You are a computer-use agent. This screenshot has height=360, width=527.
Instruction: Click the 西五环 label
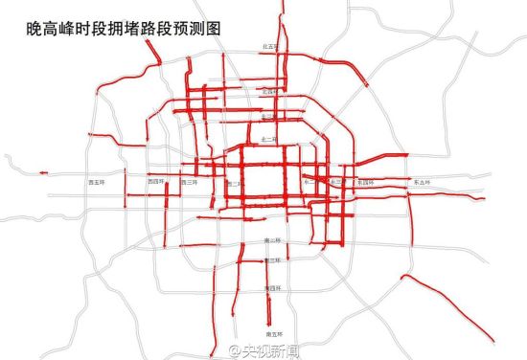tap(123, 179)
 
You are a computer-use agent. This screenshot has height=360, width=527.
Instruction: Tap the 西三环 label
tap(190, 180)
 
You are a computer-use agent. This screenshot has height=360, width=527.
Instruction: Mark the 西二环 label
tap(233, 182)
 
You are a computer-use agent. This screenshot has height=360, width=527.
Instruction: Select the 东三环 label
tap(334, 181)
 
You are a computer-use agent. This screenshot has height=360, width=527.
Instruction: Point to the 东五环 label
tap(420, 181)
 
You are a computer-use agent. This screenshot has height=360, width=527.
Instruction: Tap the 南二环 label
tap(271, 240)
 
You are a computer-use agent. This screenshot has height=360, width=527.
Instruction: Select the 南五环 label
tap(271, 332)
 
